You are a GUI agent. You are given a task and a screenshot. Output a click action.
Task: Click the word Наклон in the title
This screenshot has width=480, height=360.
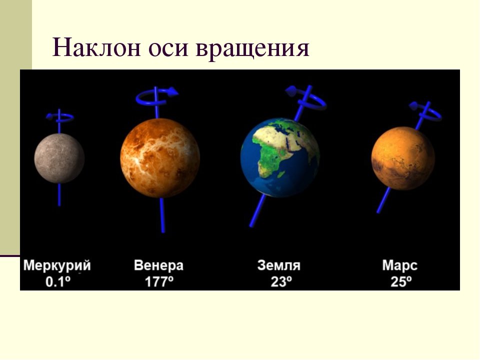point(96,48)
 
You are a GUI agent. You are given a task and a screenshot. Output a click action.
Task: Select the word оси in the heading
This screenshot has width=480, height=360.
point(168,49)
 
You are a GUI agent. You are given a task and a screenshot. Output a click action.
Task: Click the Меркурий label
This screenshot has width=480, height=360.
point(57,265)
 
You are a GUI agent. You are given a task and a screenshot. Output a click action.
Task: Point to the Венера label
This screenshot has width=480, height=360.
point(158,265)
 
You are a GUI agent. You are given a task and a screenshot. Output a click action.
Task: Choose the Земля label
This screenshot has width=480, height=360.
point(279,265)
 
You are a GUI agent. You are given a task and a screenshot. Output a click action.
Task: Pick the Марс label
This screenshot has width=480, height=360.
point(400,265)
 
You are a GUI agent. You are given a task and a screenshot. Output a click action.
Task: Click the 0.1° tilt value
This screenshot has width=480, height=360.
point(58,281)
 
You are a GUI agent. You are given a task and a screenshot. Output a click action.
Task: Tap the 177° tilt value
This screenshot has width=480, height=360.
point(159,281)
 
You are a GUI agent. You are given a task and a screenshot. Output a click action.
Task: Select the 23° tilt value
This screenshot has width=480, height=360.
point(281,281)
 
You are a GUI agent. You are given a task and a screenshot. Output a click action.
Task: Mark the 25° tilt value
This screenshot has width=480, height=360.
point(401,281)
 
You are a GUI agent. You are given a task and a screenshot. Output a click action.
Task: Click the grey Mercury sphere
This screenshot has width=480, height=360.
point(59,158)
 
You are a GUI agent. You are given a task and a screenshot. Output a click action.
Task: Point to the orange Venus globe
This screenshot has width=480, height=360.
point(160,158)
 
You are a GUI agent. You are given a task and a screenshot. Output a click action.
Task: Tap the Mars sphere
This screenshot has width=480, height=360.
point(403,158)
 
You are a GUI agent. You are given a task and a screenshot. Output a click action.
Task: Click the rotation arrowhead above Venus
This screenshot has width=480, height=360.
point(173,91)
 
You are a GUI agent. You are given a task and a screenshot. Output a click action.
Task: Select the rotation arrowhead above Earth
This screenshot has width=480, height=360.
point(290,90)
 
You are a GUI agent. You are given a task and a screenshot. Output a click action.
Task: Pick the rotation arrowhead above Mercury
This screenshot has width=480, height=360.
point(49,116)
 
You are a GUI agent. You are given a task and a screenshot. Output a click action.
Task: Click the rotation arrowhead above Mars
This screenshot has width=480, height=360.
point(413,106)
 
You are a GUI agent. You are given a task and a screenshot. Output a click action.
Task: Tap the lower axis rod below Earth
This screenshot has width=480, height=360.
point(258,211)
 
